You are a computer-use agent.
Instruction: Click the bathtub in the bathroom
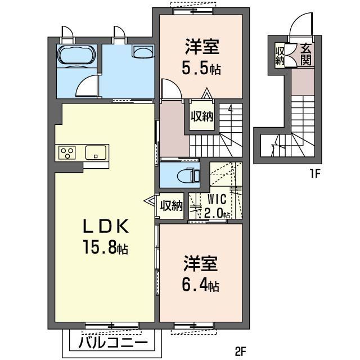[76, 55]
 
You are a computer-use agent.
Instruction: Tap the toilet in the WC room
[187, 175]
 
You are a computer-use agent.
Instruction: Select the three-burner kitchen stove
[67, 152]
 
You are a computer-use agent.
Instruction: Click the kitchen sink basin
[96, 152]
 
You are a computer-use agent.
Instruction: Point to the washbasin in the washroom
[142, 51]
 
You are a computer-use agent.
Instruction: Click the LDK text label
[106, 226]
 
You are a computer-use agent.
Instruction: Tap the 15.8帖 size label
[106, 246]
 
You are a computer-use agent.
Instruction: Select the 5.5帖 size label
[201, 68]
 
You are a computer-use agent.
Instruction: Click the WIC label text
[217, 199]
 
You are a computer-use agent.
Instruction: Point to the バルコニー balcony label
[112, 343]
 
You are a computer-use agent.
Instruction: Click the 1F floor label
[315, 174]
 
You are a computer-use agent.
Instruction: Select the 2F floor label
[240, 351]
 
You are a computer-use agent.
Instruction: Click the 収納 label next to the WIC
[172, 205]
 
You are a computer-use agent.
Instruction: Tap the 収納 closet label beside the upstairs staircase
[202, 116]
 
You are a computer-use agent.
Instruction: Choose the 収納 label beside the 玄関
[280, 56]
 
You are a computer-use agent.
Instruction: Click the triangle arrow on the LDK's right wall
[150, 200]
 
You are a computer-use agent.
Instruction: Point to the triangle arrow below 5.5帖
[207, 94]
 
